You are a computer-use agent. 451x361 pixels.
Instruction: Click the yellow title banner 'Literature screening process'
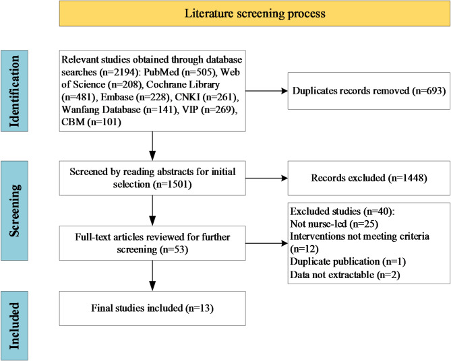tap(255, 13)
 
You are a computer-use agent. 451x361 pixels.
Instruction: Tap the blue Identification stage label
tap(14, 91)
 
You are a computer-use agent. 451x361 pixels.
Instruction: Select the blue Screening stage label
tap(14, 211)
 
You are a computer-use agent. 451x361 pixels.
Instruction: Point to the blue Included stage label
tap(14, 326)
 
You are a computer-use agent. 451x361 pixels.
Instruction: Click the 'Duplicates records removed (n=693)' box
tap(369, 91)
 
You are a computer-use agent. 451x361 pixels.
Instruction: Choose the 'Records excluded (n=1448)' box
tap(369, 178)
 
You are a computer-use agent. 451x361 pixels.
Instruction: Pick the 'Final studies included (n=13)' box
tap(152, 308)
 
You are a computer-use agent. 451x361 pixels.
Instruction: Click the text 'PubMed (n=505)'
tap(181, 72)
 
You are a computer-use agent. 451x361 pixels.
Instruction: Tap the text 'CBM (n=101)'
tap(91, 122)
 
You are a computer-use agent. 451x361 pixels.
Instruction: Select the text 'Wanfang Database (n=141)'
tap(120, 110)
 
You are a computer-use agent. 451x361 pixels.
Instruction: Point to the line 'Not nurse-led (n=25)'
tap(334, 224)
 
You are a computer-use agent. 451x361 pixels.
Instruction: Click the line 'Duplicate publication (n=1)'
tap(348, 261)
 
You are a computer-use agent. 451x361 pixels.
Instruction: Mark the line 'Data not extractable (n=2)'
tap(345, 275)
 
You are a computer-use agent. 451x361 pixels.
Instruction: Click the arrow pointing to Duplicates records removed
tap(267, 91)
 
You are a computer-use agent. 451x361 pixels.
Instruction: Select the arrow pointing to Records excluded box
tap(267, 178)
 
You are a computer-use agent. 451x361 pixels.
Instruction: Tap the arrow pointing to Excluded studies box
tap(267, 243)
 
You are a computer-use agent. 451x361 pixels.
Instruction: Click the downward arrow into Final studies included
tap(152, 275)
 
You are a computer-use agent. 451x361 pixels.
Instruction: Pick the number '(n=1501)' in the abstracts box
tap(173, 185)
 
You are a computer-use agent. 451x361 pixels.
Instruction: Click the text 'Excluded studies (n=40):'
tap(342, 211)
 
